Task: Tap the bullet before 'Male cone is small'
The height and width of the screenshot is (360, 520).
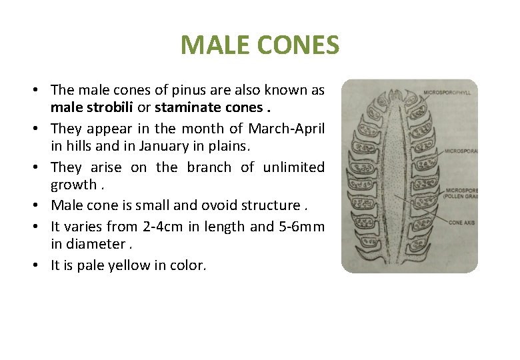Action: (x=41, y=205)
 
